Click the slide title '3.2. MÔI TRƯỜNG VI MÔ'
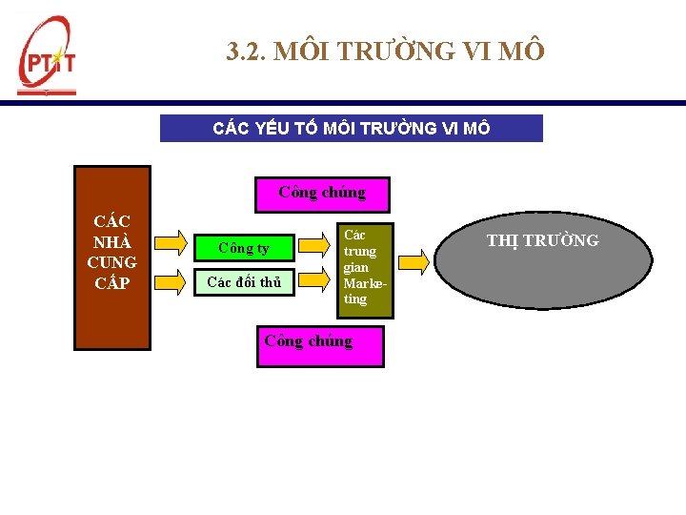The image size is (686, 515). pyautogui.click(x=386, y=51)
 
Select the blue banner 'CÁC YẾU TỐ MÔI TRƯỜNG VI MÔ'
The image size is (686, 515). pyautogui.click(x=351, y=128)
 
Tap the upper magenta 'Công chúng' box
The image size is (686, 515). pyautogui.click(x=321, y=193)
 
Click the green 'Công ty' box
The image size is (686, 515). pyautogui.click(x=243, y=248)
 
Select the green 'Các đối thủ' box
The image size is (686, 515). pyautogui.click(x=243, y=281)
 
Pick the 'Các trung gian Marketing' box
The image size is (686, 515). pyautogui.click(x=361, y=267)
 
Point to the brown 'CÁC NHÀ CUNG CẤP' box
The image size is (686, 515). pyautogui.click(x=112, y=257)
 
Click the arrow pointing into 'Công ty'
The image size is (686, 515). pyautogui.click(x=171, y=243)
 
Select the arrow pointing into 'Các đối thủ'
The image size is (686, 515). pyautogui.click(x=171, y=278)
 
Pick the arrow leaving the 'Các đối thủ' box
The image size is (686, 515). pyautogui.click(x=314, y=279)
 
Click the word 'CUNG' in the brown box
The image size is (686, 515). pyautogui.click(x=111, y=262)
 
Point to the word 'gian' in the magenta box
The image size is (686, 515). pyautogui.click(x=355, y=268)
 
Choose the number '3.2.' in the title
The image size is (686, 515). pyautogui.click(x=246, y=51)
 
